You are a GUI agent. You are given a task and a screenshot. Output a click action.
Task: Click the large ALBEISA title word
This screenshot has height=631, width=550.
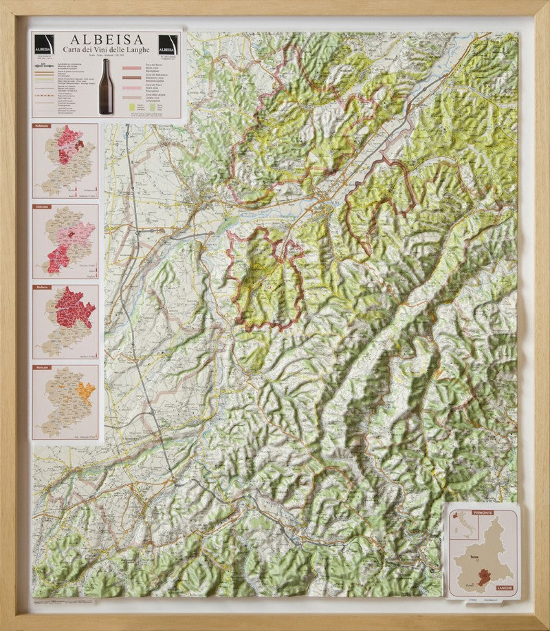pos(106,39)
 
